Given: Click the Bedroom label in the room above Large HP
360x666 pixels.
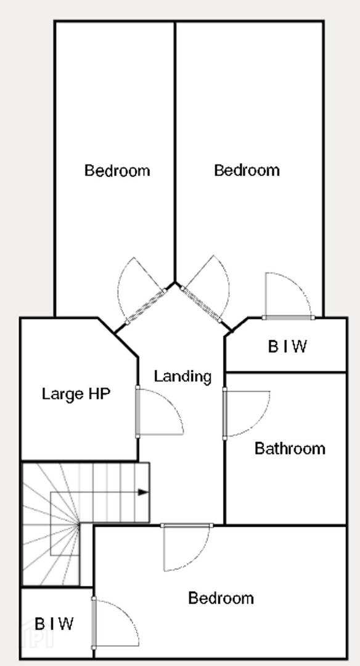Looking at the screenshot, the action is pyautogui.click(x=117, y=170).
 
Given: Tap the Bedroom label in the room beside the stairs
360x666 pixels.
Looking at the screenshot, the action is pyautogui.click(x=221, y=598).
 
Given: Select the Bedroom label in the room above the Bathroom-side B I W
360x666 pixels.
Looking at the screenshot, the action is pyautogui.click(x=247, y=170).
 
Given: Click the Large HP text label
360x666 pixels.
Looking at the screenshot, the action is pyautogui.click(x=76, y=395).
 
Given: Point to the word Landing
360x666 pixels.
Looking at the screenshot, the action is pyautogui.click(x=182, y=377).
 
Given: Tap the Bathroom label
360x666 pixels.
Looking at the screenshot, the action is pyautogui.click(x=290, y=448).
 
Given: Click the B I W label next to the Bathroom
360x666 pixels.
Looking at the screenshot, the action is pyautogui.click(x=287, y=347).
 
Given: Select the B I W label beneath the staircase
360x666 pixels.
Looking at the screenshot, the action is pyautogui.click(x=54, y=624).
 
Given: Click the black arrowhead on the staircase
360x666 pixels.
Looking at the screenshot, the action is pyautogui.click(x=144, y=492).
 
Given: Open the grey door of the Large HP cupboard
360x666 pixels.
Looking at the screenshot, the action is pyautogui.click(x=137, y=411).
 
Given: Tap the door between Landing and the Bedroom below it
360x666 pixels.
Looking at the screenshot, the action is pyautogui.click(x=187, y=526).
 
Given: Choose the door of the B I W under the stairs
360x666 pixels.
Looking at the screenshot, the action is pyautogui.click(x=94, y=623).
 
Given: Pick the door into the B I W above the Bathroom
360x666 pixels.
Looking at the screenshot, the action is pyautogui.click(x=288, y=318).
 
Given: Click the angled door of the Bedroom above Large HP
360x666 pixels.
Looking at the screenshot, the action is pyautogui.click(x=145, y=306).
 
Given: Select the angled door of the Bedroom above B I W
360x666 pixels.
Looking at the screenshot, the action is pyautogui.click(x=201, y=304).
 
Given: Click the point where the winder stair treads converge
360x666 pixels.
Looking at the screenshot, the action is pyautogui.click(x=80, y=525).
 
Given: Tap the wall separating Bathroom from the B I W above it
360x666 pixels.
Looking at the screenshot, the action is pyautogui.click(x=285, y=372).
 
